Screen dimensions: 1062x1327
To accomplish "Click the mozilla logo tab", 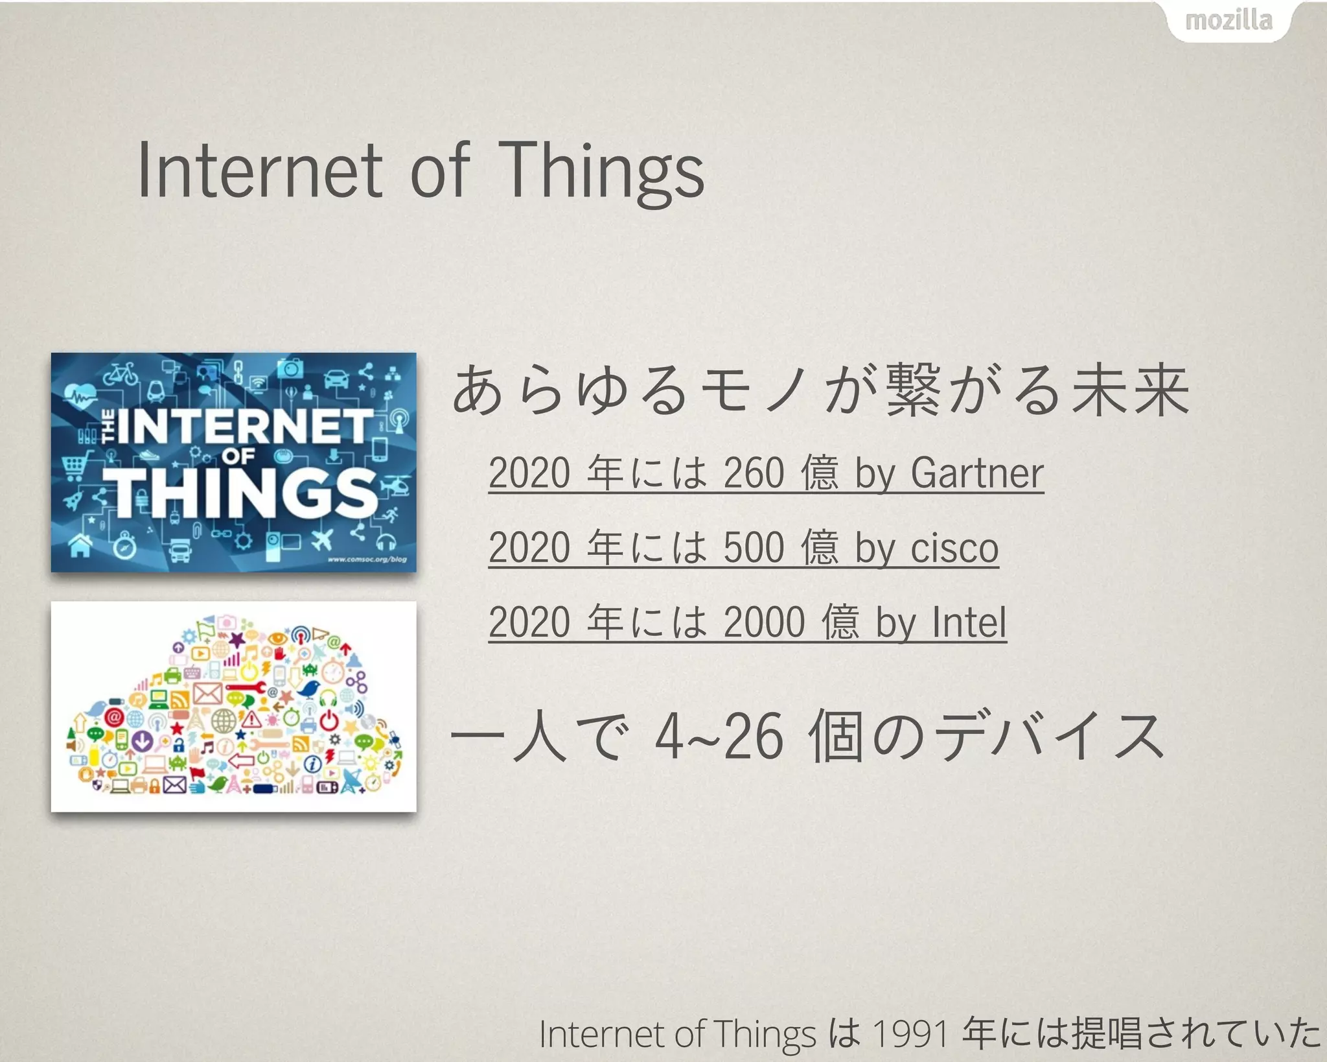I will pos(1228,21).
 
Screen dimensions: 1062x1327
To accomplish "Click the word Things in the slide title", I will pos(603,171).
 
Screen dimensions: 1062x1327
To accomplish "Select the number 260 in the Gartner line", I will pos(754,473).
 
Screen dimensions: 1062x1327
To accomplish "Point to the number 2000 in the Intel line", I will pos(764,622).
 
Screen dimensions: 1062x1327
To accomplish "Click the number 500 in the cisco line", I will pos(754,548).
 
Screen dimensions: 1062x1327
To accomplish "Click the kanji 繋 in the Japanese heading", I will pos(913,389).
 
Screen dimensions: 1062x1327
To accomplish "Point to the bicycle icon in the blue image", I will pos(121,373).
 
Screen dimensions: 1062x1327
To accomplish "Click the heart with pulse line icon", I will pos(80,394).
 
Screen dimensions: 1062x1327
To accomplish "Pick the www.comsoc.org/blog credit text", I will pos(367,559).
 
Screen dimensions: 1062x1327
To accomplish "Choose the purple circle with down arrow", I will pos(142,740).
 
